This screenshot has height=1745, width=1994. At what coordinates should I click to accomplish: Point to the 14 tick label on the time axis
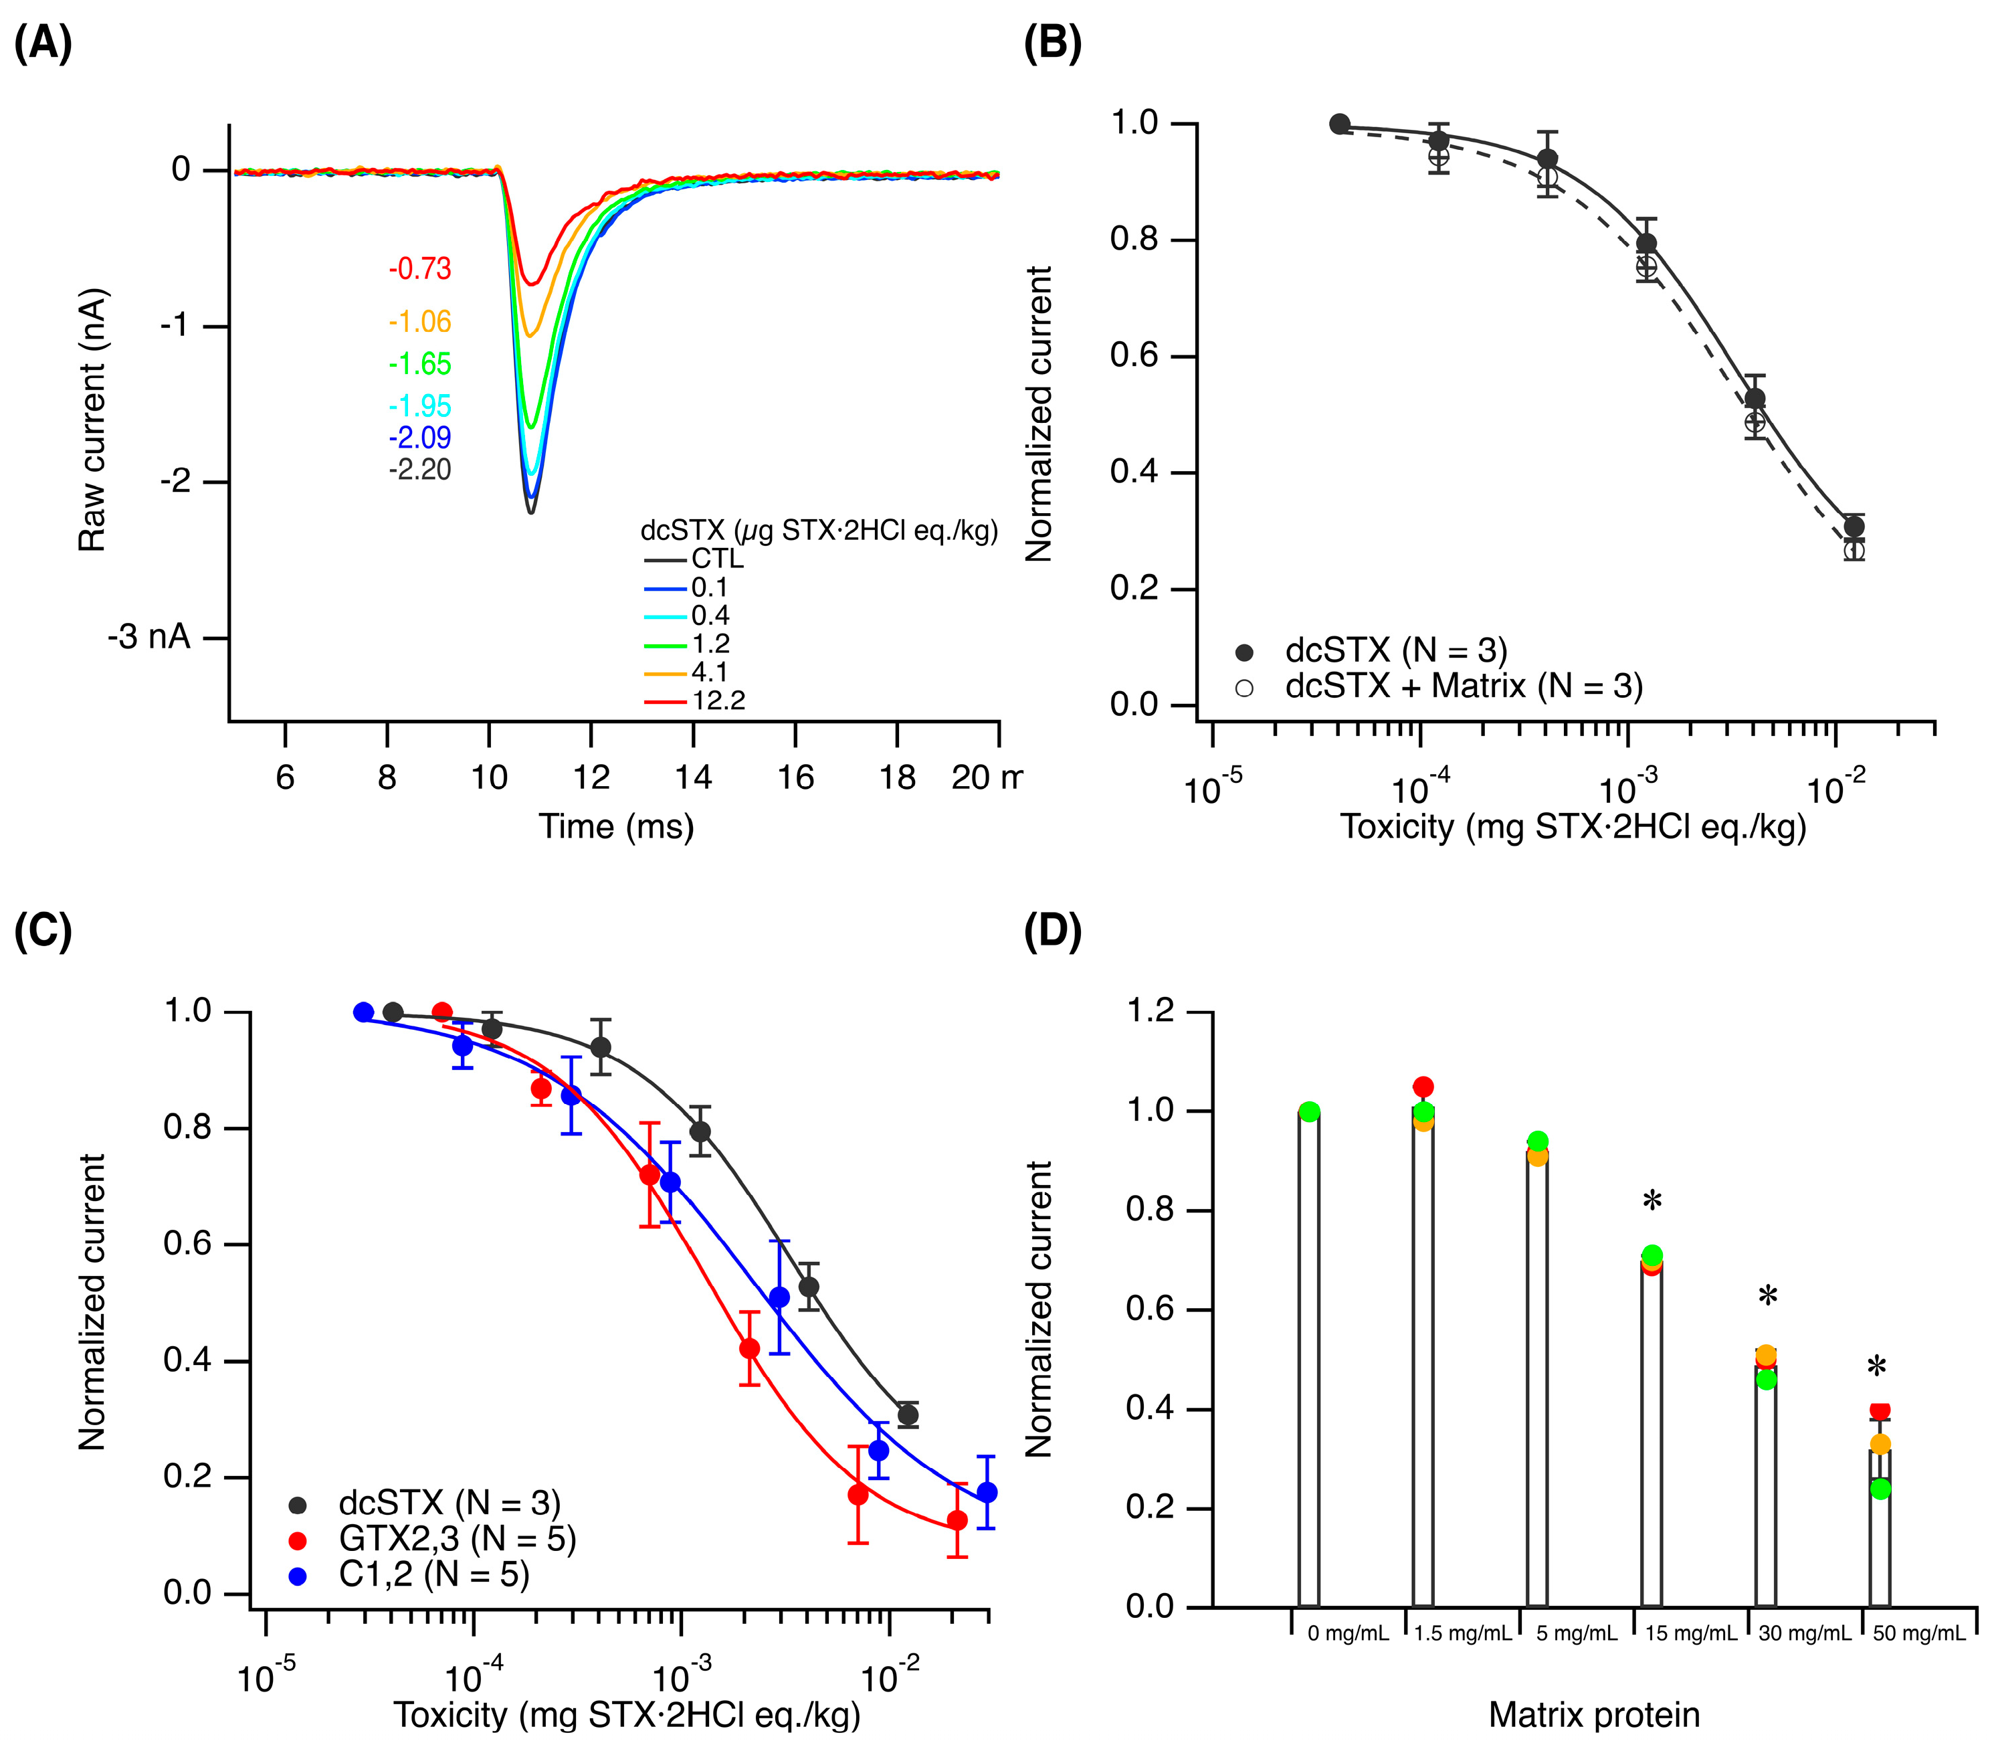(x=693, y=777)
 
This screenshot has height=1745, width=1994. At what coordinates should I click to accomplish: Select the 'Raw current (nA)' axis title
(x=92, y=421)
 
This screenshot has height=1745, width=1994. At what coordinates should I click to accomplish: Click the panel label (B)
(x=1052, y=45)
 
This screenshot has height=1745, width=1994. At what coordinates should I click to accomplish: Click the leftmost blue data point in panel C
(x=363, y=1012)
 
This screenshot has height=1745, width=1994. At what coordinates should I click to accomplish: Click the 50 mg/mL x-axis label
(x=1919, y=1633)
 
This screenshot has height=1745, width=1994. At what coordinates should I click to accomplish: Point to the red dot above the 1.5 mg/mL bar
(x=1423, y=1087)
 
